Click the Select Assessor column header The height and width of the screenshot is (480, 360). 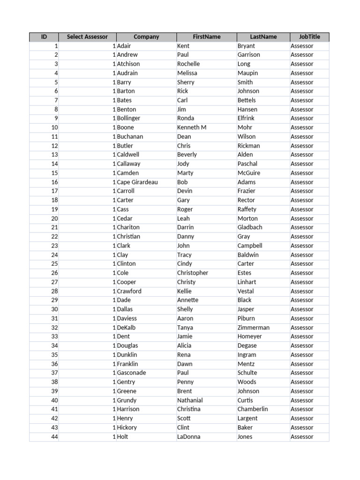pos(87,37)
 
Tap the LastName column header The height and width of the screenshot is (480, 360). pos(263,37)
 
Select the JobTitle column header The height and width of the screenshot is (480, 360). pos(309,37)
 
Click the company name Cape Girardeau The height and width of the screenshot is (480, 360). pos(137,182)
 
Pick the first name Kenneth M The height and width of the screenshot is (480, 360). pos(192,127)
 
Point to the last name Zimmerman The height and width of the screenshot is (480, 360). pos(253,328)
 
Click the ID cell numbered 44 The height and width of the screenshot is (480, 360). pos(54,436)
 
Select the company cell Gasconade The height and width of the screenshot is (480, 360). pos(131,373)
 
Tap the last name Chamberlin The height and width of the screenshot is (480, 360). pos(253,409)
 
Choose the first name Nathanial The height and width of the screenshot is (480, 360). pos(190,400)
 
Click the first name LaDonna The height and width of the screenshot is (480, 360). pos(188,436)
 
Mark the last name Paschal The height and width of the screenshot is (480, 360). pos(247,164)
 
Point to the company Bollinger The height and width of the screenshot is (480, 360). pos(128,118)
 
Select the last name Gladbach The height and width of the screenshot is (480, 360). pos(250,227)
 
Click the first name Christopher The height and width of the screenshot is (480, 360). pos(193,273)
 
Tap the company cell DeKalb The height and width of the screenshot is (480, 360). pos(126,328)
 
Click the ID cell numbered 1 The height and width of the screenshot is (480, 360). pos(56,46)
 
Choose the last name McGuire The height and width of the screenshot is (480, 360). pos(248,173)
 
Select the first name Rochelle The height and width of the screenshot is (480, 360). pos(188,64)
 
